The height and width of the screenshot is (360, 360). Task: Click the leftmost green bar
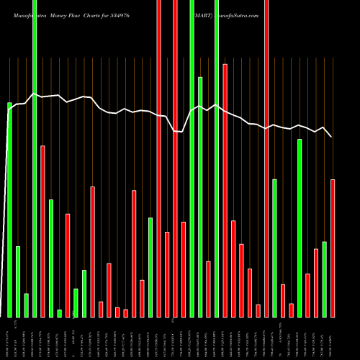click(10, 209)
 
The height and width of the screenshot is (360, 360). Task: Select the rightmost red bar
click(333, 248)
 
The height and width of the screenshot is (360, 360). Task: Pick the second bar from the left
click(18, 282)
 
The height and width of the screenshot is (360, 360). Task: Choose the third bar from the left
click(27, 305)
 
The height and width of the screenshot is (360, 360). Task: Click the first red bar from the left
click(43, 231)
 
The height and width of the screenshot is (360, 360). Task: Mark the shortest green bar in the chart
click(60, 312)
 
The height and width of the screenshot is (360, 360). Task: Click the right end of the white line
click(331, 136)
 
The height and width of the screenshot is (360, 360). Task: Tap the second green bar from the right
click(300, 228)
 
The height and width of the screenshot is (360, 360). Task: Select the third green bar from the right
click(274, 248)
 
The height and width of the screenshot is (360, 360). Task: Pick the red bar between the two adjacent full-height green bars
click(208, 289)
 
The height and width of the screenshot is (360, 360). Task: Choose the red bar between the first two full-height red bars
click(167, 274)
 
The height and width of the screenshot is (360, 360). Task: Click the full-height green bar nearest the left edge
click(35, 158)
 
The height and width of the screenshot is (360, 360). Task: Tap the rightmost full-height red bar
click(266, 158)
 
